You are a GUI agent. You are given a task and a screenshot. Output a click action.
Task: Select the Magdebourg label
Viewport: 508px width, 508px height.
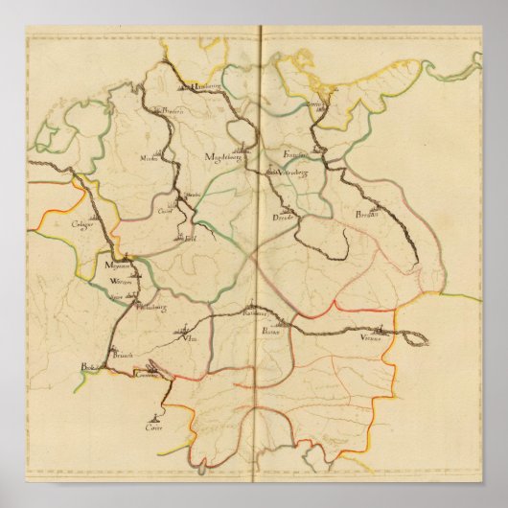226,156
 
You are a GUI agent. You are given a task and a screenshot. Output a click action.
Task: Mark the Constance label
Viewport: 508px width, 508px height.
145,378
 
